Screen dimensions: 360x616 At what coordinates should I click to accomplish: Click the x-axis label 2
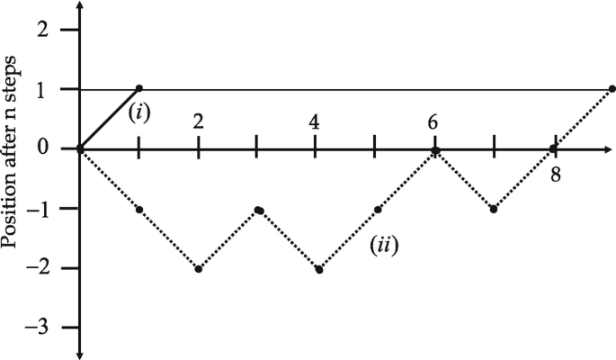198,121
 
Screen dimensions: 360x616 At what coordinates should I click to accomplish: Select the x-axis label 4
314,121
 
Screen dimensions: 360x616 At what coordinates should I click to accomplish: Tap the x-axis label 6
433,121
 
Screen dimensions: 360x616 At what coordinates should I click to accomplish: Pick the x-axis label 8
555,174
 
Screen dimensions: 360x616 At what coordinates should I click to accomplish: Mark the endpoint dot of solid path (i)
138,88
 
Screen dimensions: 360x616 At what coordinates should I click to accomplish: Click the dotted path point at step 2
198,269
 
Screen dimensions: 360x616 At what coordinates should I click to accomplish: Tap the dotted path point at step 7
494,210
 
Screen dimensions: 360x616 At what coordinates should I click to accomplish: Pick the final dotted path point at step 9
612,89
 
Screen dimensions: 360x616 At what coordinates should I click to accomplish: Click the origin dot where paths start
80,148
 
